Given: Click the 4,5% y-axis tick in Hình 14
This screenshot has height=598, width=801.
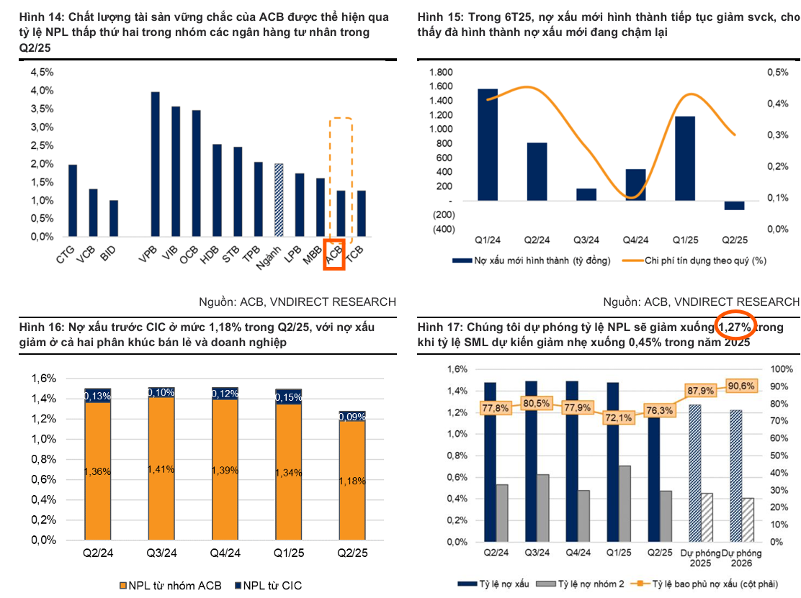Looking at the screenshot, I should pyautogui.click(x=42, y=72).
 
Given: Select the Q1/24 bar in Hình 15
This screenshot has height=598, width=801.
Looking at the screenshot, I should pyautogui.click(x=488, y=145).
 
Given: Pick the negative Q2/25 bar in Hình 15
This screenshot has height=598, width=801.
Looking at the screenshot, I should pyautogui.click(x=734, y=206).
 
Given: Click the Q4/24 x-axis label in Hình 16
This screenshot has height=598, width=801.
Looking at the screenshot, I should pyautogui.click(x=225, y=553).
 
